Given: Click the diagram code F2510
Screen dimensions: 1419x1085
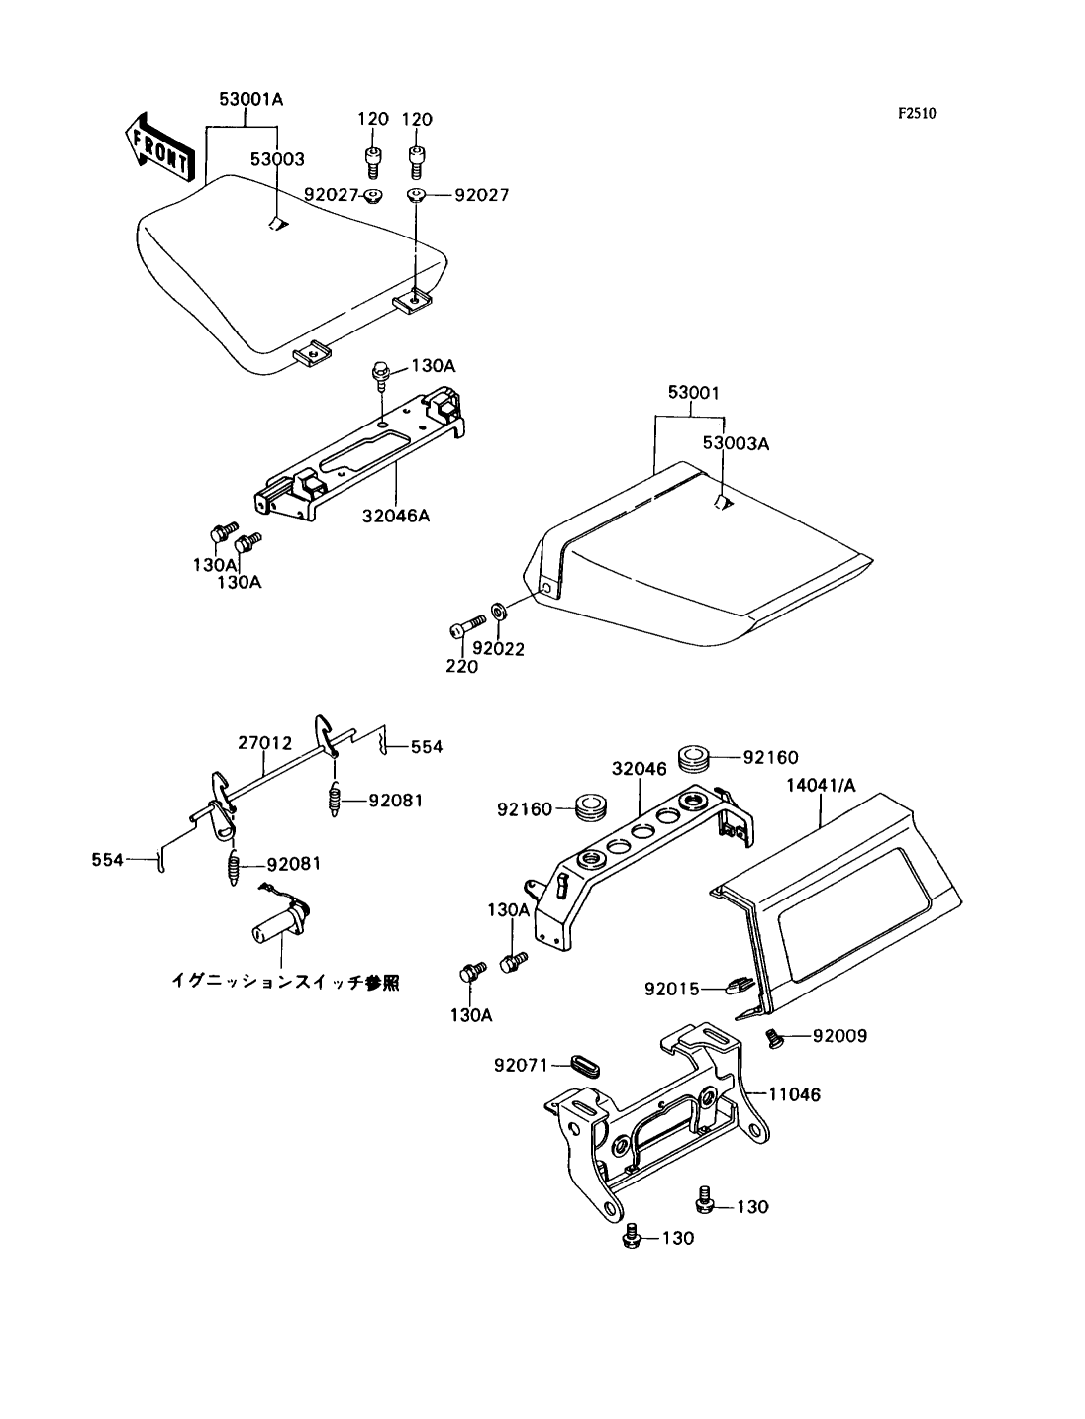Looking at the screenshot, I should pos(917,114).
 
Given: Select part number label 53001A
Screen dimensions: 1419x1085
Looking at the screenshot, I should pos(251,99).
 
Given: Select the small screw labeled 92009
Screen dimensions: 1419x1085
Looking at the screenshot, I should pos(775,1038).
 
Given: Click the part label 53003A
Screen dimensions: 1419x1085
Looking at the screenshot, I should pos(736,443).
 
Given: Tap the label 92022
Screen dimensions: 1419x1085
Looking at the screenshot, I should pos(498,649).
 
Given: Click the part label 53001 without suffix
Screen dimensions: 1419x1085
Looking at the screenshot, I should pos(692,393).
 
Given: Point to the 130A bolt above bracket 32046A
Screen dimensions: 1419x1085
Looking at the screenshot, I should pos(380,371).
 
